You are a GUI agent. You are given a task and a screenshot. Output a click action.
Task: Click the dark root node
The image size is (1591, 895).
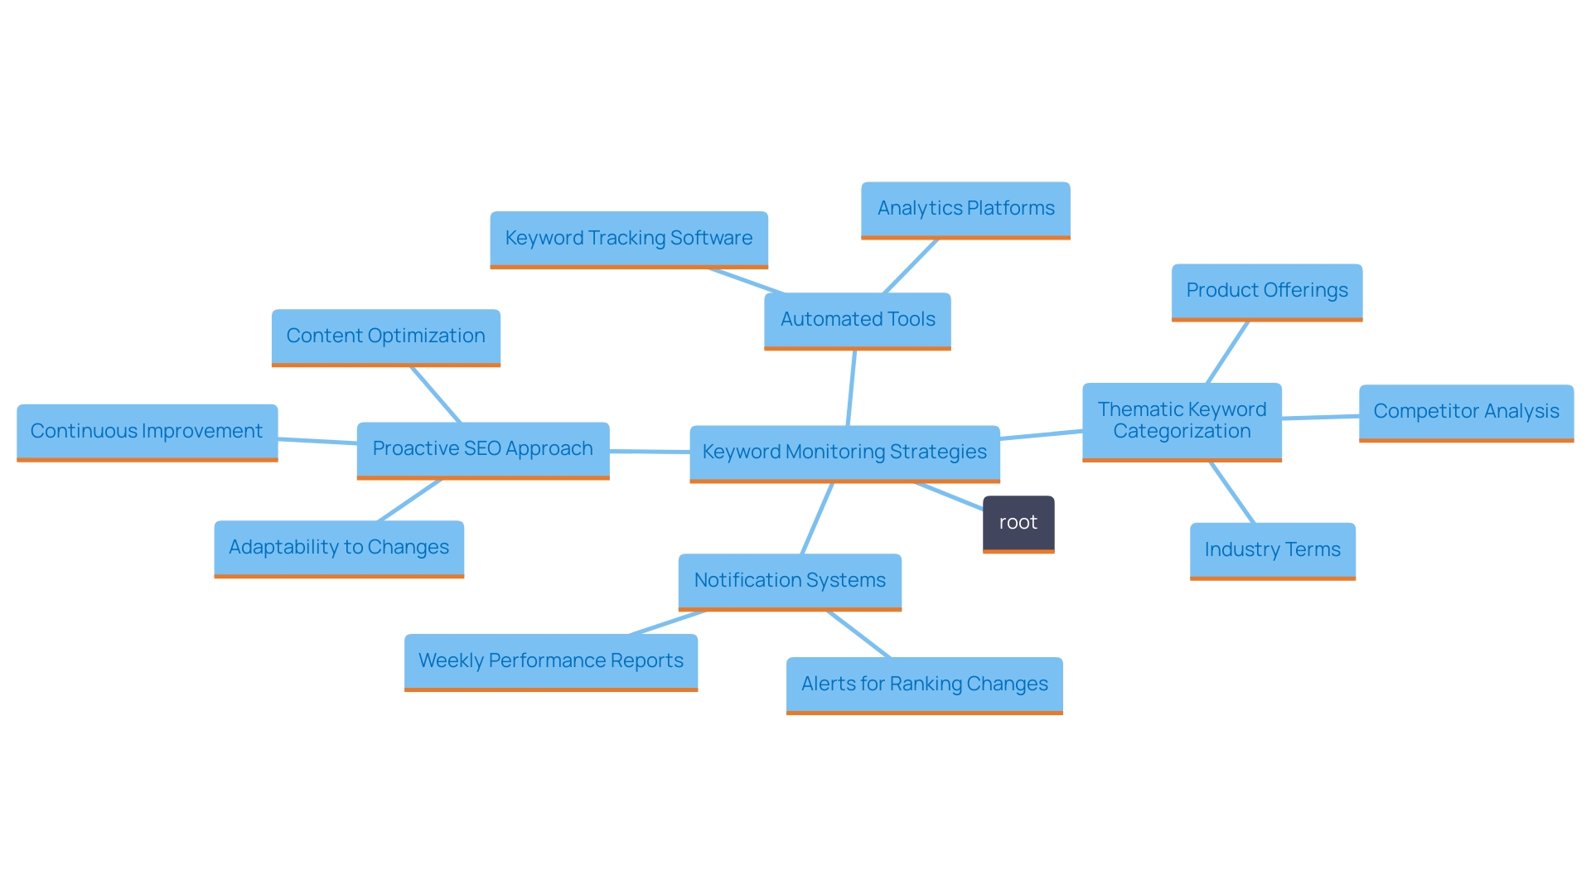1018,523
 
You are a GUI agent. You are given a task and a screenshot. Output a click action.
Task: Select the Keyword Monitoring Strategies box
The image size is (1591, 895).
844,452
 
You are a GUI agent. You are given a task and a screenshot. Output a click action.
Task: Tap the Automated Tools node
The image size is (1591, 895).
857,320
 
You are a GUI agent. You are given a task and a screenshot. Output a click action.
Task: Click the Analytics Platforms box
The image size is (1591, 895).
965,209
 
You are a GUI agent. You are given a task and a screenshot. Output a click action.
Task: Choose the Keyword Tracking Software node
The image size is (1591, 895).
628,239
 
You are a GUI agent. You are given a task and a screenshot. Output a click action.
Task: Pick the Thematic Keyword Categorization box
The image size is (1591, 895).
1182,421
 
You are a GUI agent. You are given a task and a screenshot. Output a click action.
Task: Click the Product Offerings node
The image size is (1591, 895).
1266,291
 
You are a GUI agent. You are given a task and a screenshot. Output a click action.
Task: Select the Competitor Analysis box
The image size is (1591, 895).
1466,412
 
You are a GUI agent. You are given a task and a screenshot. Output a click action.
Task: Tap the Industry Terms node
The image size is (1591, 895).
1272,550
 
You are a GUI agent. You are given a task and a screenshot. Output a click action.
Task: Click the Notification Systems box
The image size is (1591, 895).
790,581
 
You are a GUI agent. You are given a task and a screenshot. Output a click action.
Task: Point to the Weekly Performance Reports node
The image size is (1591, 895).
550,661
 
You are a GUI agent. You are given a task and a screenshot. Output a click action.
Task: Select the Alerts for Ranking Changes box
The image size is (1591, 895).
924,685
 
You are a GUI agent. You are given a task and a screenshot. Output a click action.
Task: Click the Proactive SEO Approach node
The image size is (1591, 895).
482,449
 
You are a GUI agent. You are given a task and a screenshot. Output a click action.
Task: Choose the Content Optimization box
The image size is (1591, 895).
385,336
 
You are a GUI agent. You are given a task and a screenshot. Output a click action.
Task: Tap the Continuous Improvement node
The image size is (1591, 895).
147,432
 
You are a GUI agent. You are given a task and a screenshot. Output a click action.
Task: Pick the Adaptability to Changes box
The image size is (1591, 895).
338,548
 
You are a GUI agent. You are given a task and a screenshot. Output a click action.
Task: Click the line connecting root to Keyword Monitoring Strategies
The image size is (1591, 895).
950,496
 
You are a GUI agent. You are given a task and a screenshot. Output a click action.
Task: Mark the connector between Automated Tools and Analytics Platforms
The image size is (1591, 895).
911,266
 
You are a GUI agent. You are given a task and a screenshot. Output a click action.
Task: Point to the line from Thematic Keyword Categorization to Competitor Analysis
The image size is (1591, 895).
1320,417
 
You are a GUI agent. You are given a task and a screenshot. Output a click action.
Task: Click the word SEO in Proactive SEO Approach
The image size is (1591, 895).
482,449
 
